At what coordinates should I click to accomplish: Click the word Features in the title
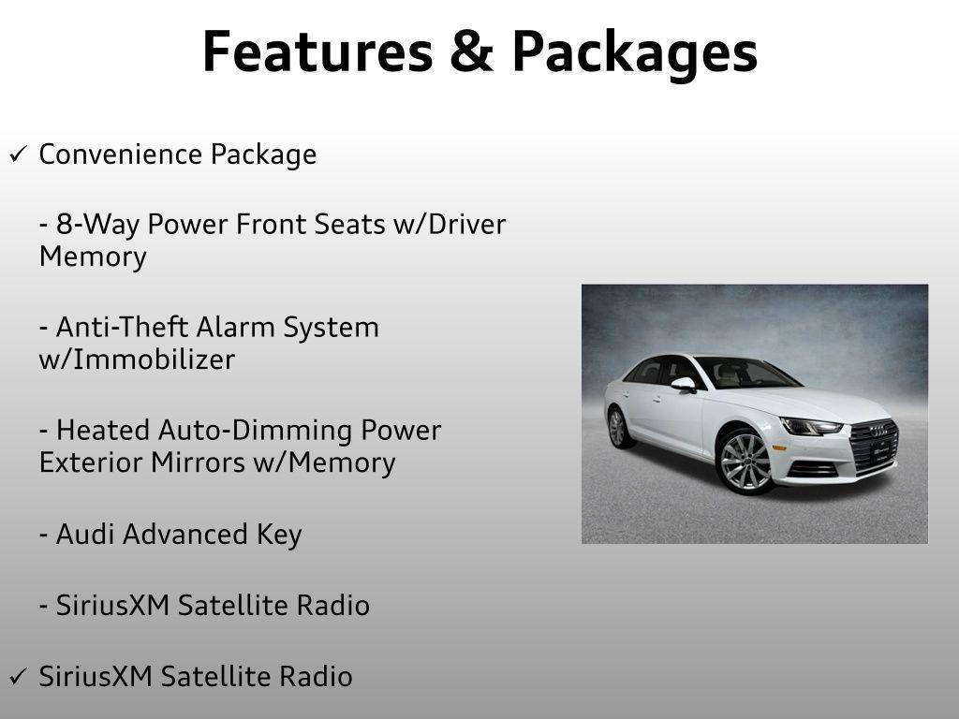point(314,51)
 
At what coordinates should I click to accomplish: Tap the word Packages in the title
point(634,53)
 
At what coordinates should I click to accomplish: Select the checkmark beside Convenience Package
point(18,154)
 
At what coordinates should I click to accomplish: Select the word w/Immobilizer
point(137,359)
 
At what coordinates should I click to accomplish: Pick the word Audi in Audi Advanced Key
point(86,535)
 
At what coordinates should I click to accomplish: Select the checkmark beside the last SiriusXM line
point(18,675)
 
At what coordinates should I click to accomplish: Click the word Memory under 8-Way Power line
point(93,257)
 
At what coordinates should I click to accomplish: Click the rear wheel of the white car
point(617,427)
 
